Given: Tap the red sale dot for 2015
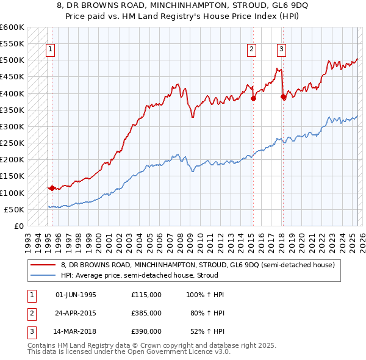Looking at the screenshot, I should pos(253,98).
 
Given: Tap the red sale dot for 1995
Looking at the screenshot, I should pos(52,188).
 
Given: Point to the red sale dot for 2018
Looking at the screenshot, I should pos(283,96).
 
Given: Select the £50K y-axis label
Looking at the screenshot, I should pos(14,209).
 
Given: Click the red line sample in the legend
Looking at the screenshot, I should pos(44,265).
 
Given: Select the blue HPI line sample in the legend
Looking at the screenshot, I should pos(44,275).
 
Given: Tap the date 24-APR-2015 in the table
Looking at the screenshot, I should pos(76,313).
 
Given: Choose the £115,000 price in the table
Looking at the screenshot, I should pos(146,295).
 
